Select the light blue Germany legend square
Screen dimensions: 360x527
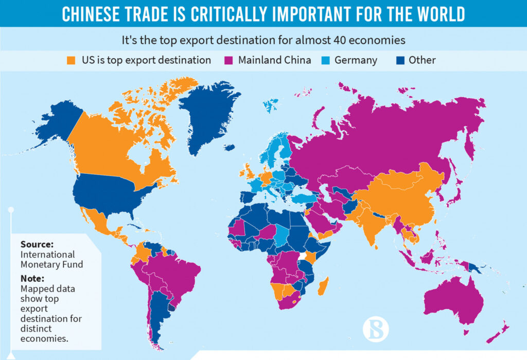click(326, 60)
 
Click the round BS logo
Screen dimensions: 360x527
click(376, 328)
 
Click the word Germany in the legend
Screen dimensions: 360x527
click(356, 60)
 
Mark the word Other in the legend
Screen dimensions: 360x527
click(422, 60)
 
